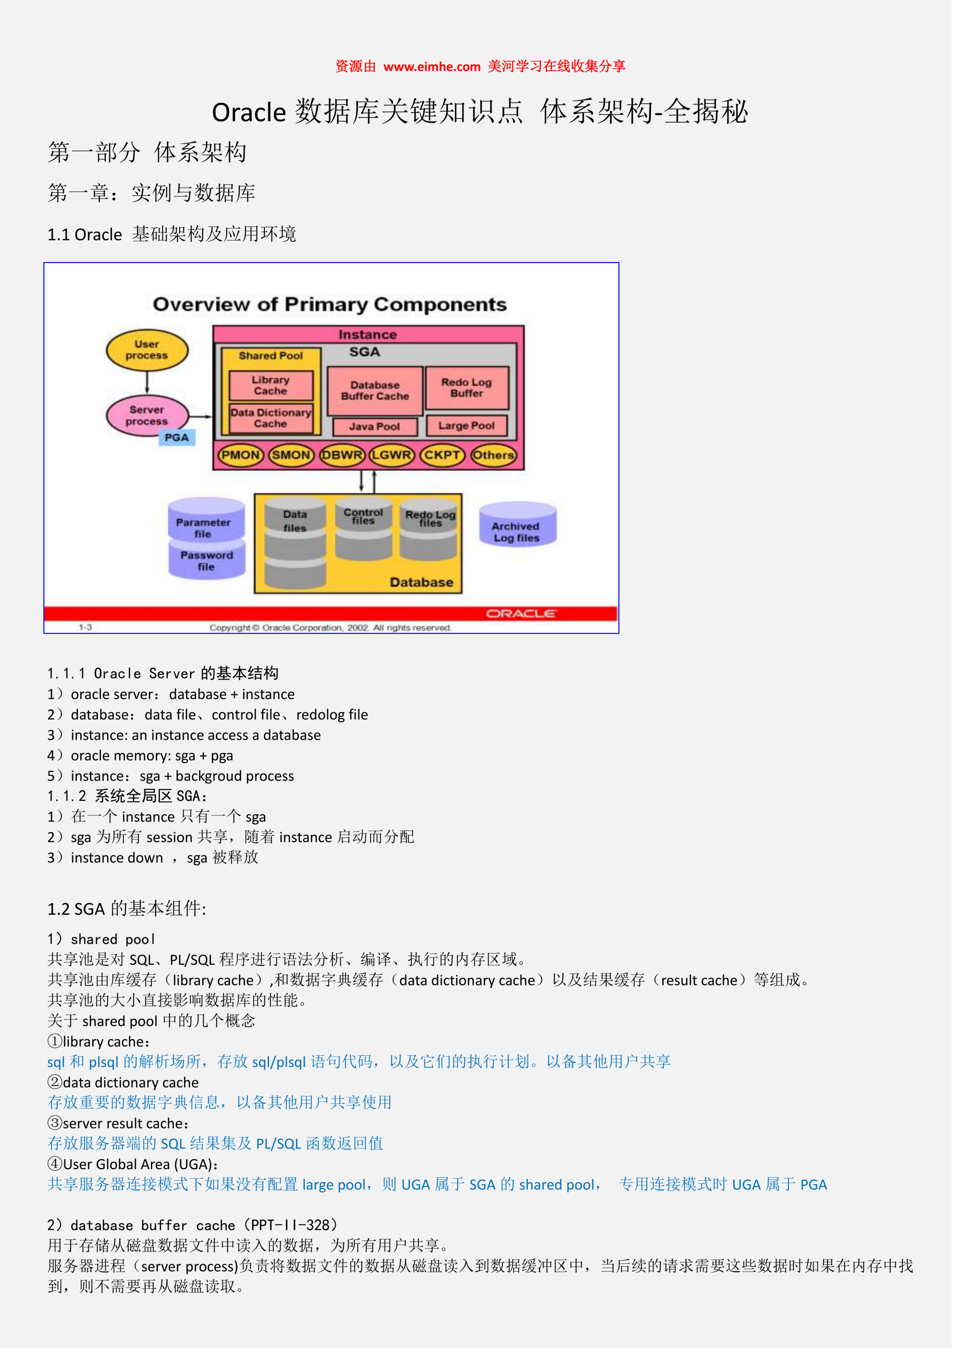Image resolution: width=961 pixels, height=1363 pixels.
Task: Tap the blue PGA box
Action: coord(178,441)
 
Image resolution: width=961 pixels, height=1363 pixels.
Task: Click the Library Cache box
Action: coord(273,388)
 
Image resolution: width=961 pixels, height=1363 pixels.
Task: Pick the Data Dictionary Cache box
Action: coord(273,421)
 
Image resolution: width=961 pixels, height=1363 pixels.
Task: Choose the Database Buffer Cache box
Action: coord(378,393)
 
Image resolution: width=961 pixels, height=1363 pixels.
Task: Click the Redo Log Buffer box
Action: coord(471,391)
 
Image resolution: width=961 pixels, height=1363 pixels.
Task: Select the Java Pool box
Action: coord(378,430)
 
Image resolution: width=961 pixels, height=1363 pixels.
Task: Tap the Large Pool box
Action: coord(470,429)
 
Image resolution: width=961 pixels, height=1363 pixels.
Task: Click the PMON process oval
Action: coord(242,459)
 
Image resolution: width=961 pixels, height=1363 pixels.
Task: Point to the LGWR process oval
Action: coord(394,459)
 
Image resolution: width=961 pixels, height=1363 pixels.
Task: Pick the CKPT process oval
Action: coord(445,459)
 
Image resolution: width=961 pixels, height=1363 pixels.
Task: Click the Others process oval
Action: coord(497,459)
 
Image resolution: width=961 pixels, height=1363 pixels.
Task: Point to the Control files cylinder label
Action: coord(367,520)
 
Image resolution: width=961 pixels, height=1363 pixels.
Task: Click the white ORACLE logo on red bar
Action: coord(526,618)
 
